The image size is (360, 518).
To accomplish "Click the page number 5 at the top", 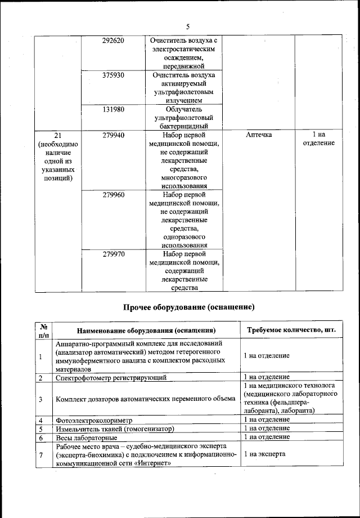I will [188, 26].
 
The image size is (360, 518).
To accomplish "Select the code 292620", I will [114, 41].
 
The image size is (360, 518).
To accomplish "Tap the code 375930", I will [114, 75].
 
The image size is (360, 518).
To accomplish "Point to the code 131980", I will [114, 109].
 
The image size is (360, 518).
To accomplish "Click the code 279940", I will [114, 135].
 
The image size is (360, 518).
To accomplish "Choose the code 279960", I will [114, 195].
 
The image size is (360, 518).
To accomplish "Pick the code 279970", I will [114, 254].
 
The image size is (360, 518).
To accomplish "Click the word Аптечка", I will [259, 135].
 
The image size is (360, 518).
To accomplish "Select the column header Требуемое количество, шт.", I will [292, 330].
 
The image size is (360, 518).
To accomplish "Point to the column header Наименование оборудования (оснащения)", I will [147, 331].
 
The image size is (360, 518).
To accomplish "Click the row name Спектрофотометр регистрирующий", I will [119, 377].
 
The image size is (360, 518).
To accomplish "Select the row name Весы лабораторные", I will [86, 437].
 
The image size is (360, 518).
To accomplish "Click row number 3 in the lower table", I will [41, 399].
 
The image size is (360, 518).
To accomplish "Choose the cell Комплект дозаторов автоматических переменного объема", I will [146, 399].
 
